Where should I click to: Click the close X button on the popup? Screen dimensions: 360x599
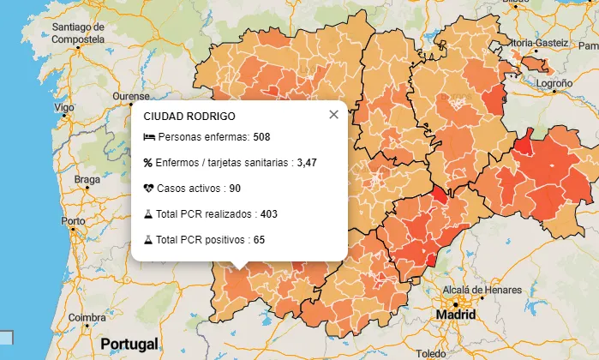(334, 115)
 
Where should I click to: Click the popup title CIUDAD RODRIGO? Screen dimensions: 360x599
(189, 116)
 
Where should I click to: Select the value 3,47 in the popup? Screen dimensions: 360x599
(307, 162)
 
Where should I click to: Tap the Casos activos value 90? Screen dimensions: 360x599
(235, 188)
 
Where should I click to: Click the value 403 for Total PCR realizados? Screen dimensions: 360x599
(269, 213)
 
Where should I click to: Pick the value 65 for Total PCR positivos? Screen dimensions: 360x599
(259, 239)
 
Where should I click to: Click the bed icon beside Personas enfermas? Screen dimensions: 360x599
(148, 136)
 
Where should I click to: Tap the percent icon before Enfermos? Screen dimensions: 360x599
(148, 162)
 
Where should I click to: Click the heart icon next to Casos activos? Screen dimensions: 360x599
(148, 188)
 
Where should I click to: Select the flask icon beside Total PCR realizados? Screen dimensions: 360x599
(148, 213)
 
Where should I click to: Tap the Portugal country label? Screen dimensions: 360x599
(129, 344)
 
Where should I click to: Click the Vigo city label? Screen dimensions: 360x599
(64, 108)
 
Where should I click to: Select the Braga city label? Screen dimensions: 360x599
(87, 179)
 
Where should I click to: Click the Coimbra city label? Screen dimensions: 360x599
(87, 318)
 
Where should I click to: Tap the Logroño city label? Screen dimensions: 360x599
(554, 84)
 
